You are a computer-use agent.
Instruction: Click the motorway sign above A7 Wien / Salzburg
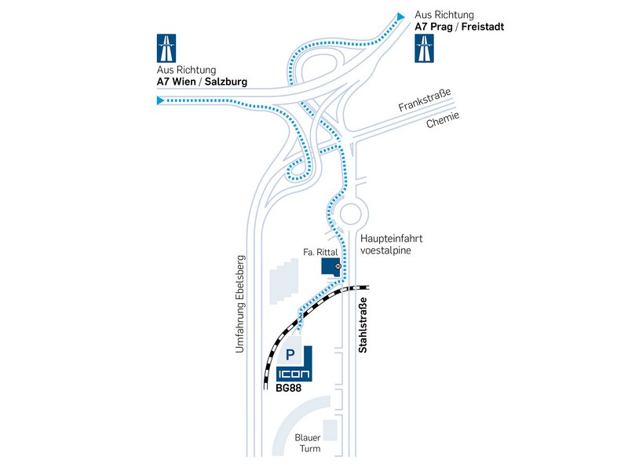tap(166, 49)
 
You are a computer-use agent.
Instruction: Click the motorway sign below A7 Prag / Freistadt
tap(424, 49)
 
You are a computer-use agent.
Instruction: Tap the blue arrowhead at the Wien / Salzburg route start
tap(160, 100)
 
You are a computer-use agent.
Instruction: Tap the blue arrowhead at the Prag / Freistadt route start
tap(400, 16)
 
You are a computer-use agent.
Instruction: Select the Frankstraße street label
tap(425, 100)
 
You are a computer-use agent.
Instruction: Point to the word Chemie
tap(443, 120)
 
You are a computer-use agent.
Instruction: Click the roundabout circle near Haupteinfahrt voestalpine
tap(350, 214)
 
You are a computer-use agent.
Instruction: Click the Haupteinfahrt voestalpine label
tap(391, 244)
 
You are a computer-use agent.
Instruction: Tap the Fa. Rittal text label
tap(320, 252)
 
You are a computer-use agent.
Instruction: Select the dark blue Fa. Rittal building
tap(330, 267)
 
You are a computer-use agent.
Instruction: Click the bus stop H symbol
tap(338, 265)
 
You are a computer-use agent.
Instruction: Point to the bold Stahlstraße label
tap(363, 325)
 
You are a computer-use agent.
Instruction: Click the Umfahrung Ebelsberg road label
tap(239, 304)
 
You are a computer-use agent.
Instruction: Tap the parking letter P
tap(290, 355)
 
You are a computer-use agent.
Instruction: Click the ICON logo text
tap(294, 374)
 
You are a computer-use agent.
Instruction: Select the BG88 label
tap(288, 388)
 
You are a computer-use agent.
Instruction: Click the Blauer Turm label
tap(308, 443)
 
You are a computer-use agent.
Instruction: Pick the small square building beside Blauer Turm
tap(330, 430)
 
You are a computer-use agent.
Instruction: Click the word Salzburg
tap(226, 82)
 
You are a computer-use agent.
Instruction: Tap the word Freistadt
tap(483, 27)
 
